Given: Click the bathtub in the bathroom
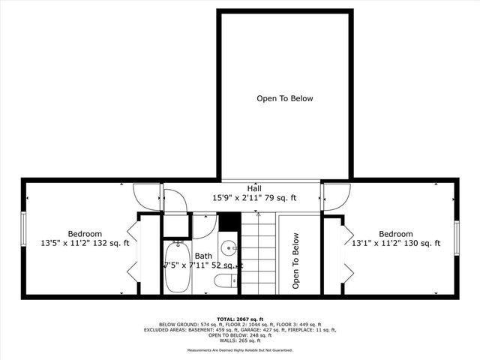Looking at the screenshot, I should tap(177, 268).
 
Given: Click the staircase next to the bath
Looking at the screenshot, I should tap(259, 255).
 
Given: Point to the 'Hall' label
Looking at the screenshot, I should tap(254, 187).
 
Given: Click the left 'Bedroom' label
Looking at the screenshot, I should tap(85, 234).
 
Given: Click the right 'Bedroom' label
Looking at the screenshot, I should tap(395, 234).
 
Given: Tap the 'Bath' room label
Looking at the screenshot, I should tap(204, 256).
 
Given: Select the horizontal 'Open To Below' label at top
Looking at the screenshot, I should tap(285, 98).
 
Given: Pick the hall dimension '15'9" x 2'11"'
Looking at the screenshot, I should tap(239, 198).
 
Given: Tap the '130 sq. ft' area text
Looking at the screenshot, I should tap(421, 244).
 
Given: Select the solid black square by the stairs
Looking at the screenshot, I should tap(229, 222).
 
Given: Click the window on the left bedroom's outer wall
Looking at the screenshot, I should tap(23, 234).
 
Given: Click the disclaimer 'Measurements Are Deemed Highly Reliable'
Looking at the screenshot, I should tap(225, 350).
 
